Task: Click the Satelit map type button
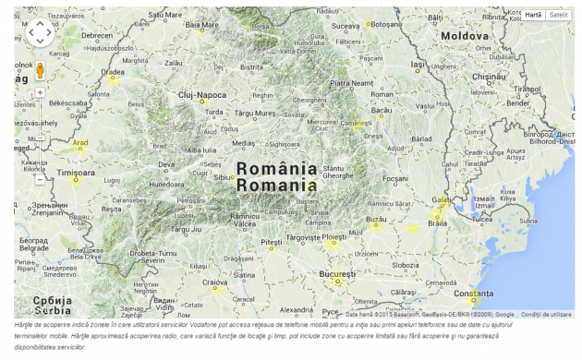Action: [558, 15]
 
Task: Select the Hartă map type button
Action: [533, 15]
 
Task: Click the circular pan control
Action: [40, 32]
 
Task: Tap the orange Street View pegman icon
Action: [40, 71]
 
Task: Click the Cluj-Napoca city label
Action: [202, 95]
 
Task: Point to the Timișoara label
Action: [76, 173]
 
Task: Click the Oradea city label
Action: [113, 71]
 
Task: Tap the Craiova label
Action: [215, 282]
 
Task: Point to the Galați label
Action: [441, 199]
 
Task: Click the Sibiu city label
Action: [224, 176]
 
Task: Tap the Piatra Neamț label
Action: [350, 83]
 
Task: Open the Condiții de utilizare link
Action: [546, 315]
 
